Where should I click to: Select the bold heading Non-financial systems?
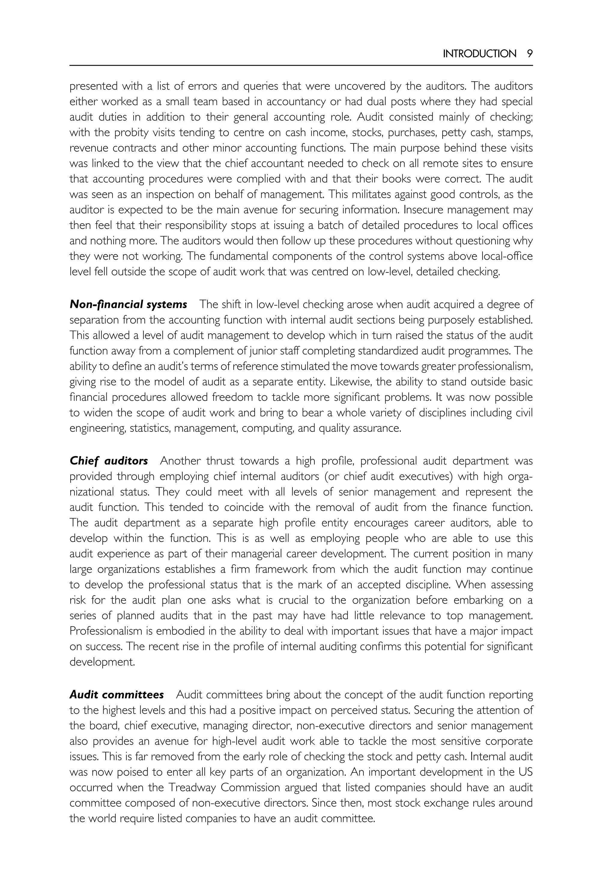coord(128,305)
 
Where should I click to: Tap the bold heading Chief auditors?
coord(108,461)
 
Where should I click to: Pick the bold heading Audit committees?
coord(117,695)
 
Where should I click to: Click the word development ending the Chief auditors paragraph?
coord(102,662)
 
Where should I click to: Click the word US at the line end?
coord(525,772)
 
